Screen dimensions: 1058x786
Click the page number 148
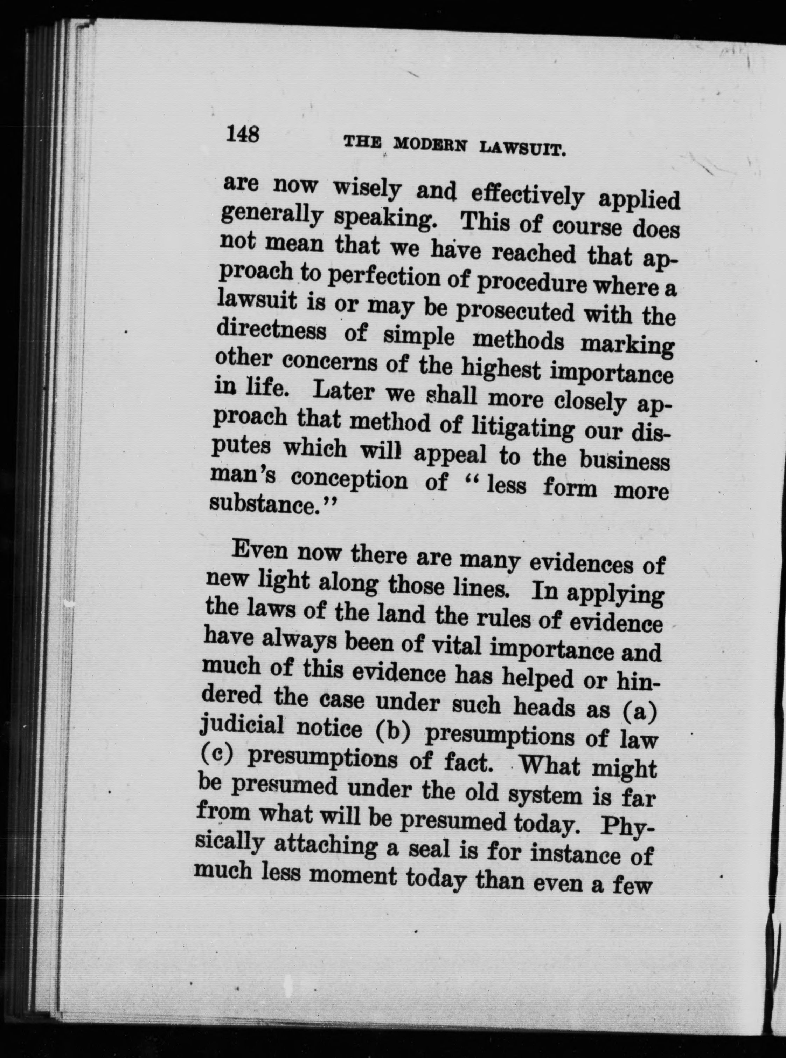(x=243, y=133)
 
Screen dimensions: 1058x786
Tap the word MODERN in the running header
(x=433, y=145)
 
